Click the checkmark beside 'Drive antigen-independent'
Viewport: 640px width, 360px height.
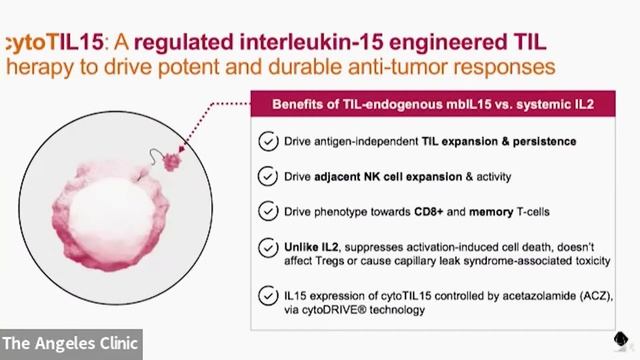pyautogui.click(x=268, y=141)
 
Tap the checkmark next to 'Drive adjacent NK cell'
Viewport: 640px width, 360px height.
pyautogui.click(x=268, y=176)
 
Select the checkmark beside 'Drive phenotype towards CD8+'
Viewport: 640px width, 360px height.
pyautogui.click(x=268, y=211)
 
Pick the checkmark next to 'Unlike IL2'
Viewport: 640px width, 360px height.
pyautogui.click(x=268, y=246)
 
